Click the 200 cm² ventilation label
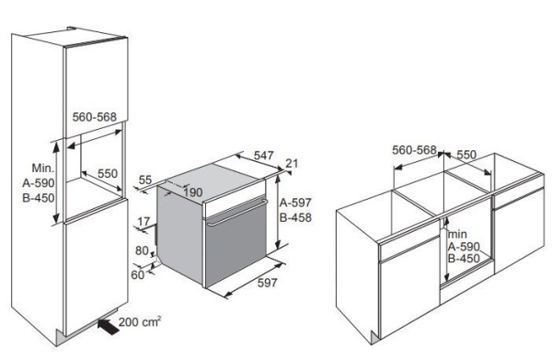140,321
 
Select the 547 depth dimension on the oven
264,156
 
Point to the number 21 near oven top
292,164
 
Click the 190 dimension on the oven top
193,192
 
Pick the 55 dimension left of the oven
144,180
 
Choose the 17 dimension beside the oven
144,222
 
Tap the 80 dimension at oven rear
142,250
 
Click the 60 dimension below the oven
138,274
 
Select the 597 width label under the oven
267,283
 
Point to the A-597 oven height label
295,203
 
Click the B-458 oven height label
295,217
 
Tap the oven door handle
236,212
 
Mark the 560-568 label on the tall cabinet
95,117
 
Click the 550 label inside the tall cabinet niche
108,173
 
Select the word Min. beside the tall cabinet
43,168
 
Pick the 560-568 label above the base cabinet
414,150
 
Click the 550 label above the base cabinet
466,155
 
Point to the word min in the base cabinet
457,234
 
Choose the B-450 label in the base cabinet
464,259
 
